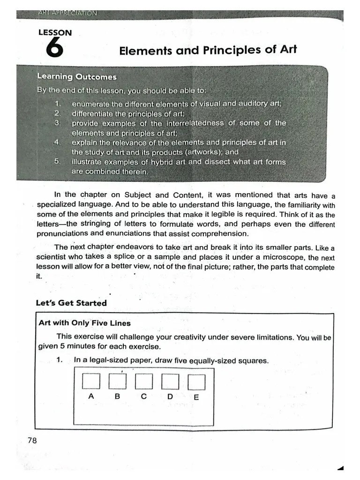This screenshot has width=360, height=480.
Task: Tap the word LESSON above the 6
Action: click(55, 33)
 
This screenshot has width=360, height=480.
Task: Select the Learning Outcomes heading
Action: click(77, 77)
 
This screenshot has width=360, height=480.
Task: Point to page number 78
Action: click(32, 440)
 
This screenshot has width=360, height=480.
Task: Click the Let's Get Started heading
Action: click(71, 303)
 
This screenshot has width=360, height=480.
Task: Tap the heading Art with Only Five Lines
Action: click(84, 323)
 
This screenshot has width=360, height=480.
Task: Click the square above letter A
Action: click(91, 382)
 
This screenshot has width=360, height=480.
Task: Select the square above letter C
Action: click(143, 382)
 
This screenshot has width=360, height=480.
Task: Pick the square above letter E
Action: click(196, 383)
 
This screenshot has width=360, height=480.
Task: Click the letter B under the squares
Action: click(118, 396)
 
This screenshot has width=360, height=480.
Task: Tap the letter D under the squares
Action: click(170, 397)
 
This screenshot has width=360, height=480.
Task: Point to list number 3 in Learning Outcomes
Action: click(57, 123)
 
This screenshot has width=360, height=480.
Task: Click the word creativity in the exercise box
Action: click(192, 337)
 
